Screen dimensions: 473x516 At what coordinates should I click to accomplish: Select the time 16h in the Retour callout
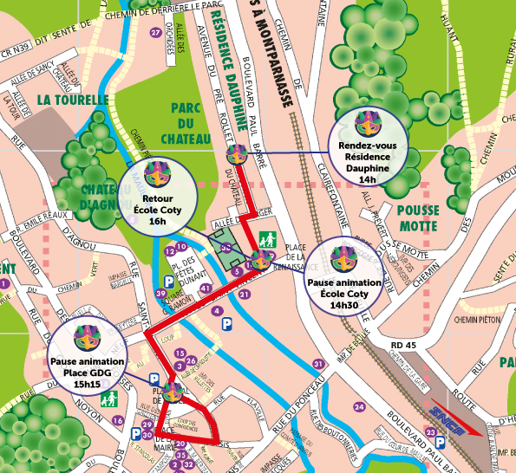point(157,221)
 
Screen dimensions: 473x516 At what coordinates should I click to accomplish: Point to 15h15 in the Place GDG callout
point(88,383)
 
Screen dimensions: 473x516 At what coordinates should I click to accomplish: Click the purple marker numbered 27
point(156,33)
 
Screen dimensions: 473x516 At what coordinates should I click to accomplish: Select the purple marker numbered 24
point(359,407)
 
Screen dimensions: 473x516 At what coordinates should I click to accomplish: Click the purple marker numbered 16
point(118,420)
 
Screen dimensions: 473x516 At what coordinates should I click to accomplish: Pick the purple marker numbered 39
point(161,294)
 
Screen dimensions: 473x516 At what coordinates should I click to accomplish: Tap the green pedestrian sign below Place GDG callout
point(110,399)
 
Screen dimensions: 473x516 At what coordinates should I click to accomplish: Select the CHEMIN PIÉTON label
point(478,320)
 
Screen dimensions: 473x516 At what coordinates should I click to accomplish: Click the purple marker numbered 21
point(245,295)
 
